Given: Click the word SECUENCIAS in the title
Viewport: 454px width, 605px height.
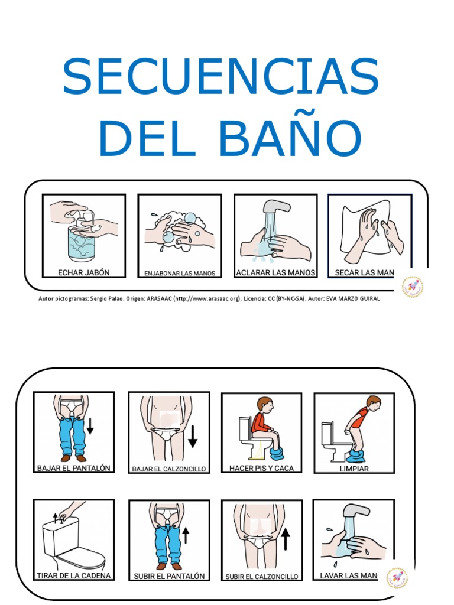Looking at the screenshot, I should [220, 77].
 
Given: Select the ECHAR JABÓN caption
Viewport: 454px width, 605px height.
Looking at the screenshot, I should [83, 272].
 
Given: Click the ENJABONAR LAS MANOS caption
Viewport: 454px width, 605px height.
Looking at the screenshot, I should [180, 274].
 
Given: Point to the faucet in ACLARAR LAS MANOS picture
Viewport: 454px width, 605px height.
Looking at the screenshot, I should [276, 208].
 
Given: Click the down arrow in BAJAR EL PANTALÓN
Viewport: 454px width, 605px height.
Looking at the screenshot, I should [90, 425].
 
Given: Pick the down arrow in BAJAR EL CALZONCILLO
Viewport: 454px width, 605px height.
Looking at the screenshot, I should [192, 437].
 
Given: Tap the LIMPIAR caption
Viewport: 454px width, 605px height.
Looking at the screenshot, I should [354, 469].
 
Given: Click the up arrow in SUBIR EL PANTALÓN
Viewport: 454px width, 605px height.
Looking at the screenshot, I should [185, 535].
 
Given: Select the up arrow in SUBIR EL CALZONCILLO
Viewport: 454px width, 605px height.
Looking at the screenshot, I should [286, 539].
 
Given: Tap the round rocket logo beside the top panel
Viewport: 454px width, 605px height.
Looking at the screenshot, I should [413, 287].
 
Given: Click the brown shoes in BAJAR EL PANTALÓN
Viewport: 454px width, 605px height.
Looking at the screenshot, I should [73, 458].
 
